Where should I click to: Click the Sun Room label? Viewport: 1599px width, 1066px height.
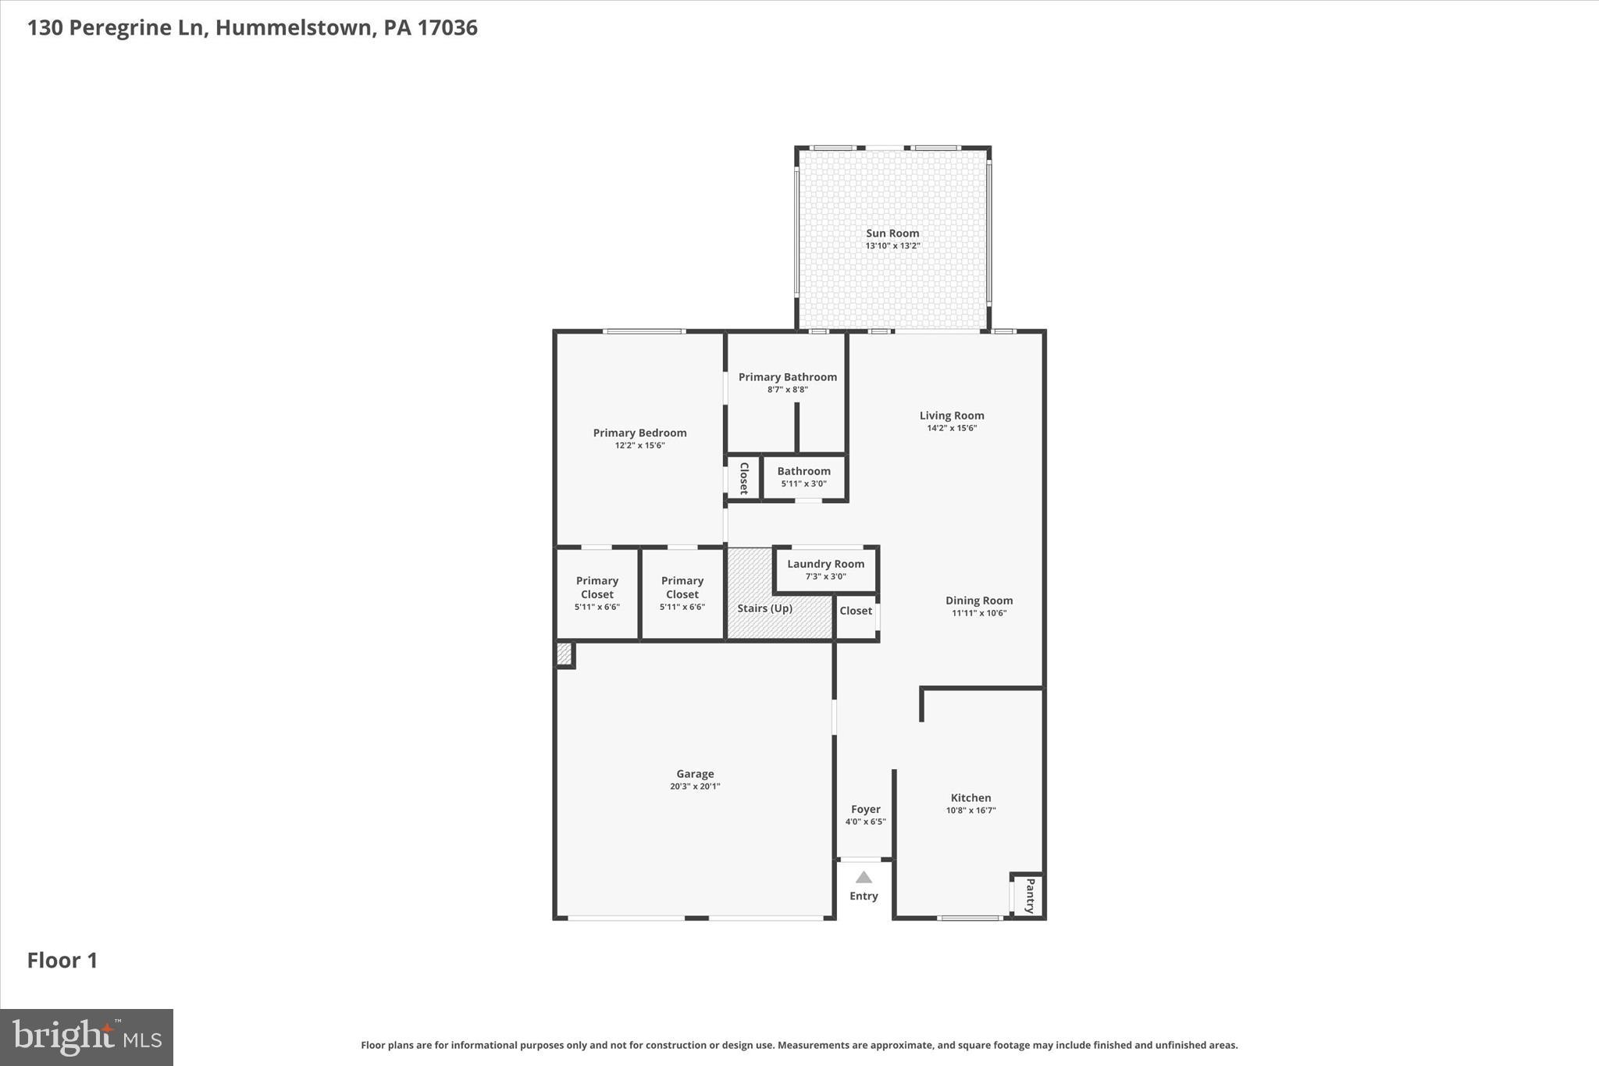(892, 233)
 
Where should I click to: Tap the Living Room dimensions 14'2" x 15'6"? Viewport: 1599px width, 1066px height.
(952, 428)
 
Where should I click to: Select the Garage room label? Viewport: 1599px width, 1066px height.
(695, 774)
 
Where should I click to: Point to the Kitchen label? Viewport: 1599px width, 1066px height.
(970, 797)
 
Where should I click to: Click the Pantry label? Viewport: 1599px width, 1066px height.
(1030, 896)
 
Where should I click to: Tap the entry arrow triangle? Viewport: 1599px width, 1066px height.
(864, 877)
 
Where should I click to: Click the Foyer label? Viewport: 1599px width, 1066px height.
(865, 809)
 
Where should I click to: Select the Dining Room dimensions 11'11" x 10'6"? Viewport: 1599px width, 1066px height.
(979, 613)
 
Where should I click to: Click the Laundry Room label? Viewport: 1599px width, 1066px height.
(825, 564)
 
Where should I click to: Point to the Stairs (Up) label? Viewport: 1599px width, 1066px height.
(764, 608)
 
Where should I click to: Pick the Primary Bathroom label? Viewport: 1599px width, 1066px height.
(787, 376)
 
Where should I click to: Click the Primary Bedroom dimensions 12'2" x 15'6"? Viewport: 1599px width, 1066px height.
(639, 445)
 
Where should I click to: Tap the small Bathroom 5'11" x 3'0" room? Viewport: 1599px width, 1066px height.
(803, 477)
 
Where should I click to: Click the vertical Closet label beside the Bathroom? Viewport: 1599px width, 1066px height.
(743, 478)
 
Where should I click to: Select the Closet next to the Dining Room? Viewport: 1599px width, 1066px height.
(856, 611)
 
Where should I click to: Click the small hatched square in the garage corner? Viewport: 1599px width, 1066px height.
(564, 654)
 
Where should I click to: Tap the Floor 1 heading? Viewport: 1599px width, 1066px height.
(62, 960)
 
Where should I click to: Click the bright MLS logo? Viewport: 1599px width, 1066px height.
(87, 1037)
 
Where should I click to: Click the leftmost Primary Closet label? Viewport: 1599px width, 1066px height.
(597, 587)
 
